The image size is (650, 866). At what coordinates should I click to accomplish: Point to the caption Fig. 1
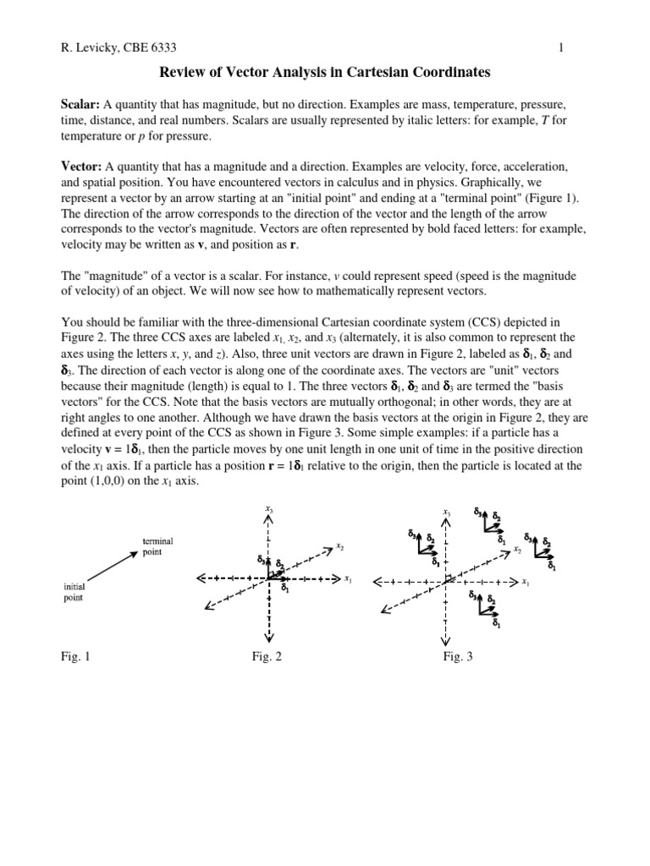(76, 656)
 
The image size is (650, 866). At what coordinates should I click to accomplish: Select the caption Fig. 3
(458, 656)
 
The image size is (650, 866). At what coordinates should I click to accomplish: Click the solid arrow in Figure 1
(105, 567)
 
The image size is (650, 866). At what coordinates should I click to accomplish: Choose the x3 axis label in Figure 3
(446, 512)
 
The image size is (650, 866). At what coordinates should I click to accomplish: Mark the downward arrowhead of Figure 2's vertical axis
(269, 638)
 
